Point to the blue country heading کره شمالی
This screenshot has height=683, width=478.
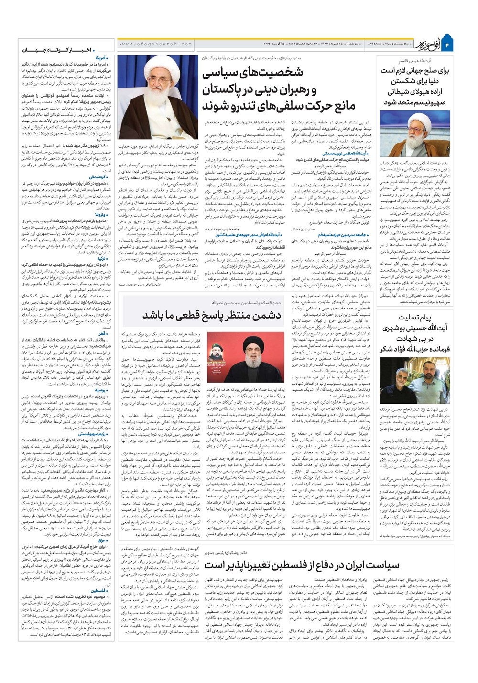click(x=98, y=177)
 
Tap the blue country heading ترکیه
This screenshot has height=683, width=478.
click(x=101, y=258)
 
